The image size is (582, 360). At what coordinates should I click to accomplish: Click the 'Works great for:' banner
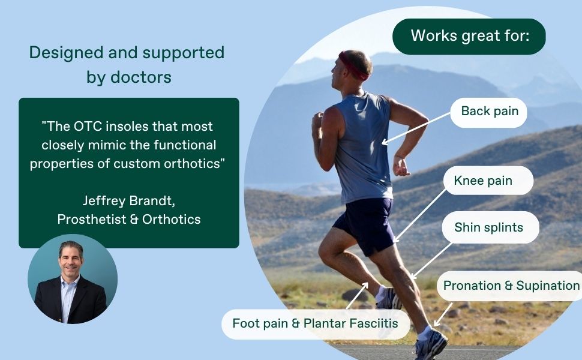(x=469, y=35)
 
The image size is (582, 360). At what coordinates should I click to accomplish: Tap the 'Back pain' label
(x=488, y=111)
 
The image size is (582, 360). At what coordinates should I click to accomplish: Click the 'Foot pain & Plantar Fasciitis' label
(x=315, y=324)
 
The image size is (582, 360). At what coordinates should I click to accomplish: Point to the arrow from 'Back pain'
(x=416, y=128)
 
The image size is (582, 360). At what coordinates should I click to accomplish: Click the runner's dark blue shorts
(x=366, y=223)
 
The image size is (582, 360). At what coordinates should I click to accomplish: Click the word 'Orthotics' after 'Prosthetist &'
(x=172, y=219)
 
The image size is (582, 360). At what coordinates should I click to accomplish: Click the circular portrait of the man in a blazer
(x=72, y=279)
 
